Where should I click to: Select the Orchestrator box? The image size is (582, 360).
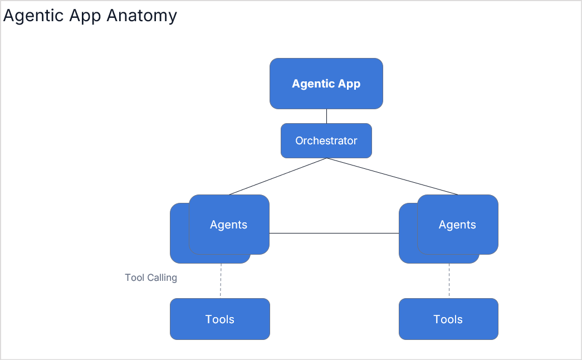[x=326, y=141]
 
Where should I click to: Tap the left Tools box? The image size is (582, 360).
[x=219, y=319]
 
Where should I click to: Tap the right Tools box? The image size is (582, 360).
[x=448, y=319]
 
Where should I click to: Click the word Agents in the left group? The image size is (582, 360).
[x=228, y=225]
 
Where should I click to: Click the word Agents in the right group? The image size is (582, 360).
[x=457, y=225]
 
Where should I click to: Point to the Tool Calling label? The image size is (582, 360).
[x=151, y=278]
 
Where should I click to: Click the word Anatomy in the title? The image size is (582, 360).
[x=141, y=16]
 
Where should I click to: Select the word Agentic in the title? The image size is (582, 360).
[x=33, y=16]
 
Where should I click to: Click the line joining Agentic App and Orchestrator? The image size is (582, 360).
[x=326, y=116]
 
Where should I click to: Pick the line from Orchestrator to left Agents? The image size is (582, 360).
[x=277, y=177]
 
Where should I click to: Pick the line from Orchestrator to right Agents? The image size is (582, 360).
[x=392, y=177]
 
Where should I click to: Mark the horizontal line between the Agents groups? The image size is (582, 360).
[x=334, y=233]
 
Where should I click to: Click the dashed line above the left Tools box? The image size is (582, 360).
[x=221, y=280]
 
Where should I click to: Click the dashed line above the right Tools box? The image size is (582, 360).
[x=449, y=280]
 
